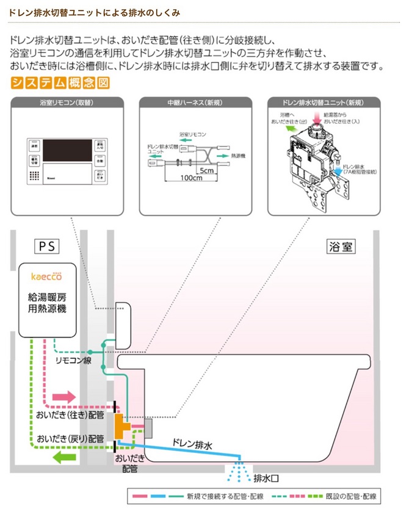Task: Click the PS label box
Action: (48, 247)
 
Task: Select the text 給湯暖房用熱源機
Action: (47, 303)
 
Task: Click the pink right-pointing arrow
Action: (62, 397)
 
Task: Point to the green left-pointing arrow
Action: (62, 457)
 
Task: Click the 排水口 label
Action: (266, 477)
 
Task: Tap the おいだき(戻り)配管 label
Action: (70, 438)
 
